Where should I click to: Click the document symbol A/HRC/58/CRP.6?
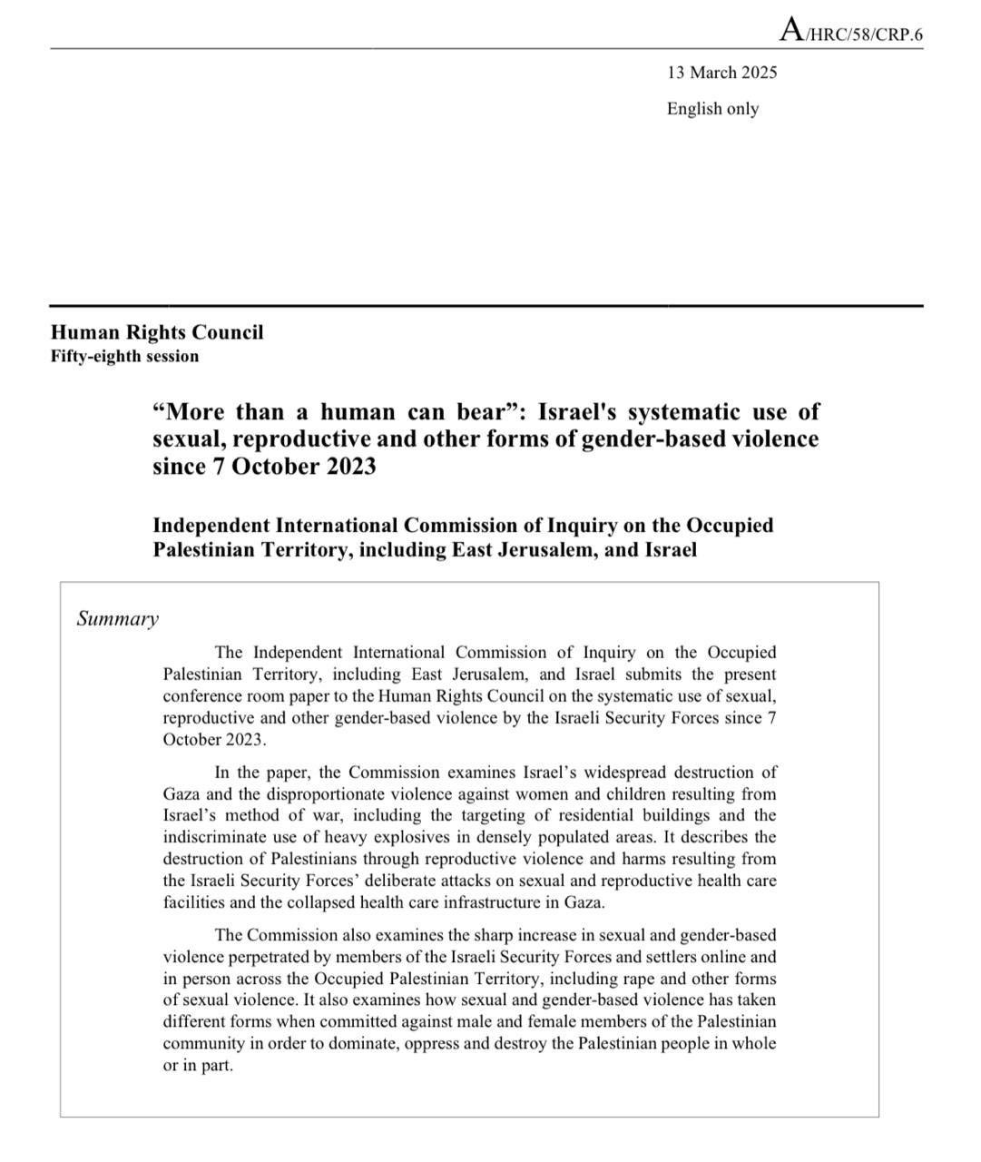point(850,34)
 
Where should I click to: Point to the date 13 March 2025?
point(721,73)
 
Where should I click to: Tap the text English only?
point(712,109)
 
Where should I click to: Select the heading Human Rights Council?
point(157,332)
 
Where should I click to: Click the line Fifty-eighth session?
point(124,356)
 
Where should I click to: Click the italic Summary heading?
point(117,619)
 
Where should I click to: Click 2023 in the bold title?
point(348,467)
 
